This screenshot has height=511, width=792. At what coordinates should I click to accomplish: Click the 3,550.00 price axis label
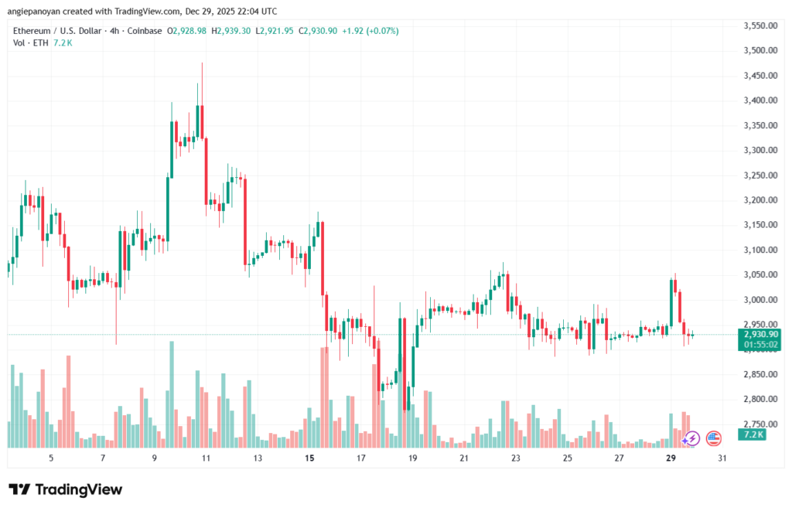click(x=760, y=26)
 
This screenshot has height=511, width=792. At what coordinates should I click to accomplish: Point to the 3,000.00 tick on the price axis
click(x=760, y=300)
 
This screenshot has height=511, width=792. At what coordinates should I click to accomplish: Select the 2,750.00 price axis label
click(x=760, y=424)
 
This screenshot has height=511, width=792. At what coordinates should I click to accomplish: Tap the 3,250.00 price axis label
click(x=760, y=175)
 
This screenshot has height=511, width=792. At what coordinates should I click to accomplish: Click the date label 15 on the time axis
click(x=309, y=458)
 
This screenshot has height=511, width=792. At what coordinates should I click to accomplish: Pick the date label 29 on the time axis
click(x=671, y=458)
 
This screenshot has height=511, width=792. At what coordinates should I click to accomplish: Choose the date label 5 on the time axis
click(x=51, y=458)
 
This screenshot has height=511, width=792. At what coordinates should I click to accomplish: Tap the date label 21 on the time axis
click(x=464, y=458)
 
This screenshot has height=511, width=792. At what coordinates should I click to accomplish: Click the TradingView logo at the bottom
click(x=65, y=489)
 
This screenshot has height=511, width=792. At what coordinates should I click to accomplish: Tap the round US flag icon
click(x=714, y=438)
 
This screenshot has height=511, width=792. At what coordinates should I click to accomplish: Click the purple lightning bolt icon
click(x=692, y=438)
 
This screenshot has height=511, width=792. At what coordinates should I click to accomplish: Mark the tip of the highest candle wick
click(x=202, y=63)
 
